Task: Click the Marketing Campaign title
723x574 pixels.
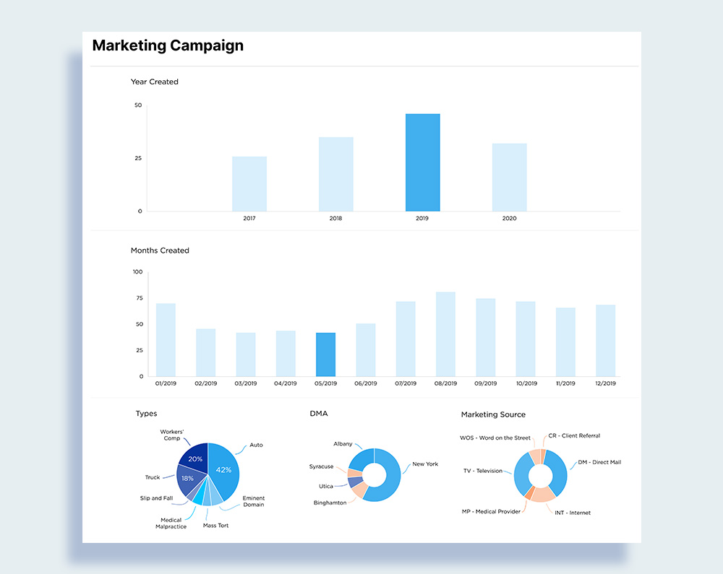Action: coord(168,46)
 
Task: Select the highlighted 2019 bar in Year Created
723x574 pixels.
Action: coord(422,162)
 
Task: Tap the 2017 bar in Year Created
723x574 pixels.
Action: coord(249,184)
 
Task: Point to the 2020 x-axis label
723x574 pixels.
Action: coord(509,218)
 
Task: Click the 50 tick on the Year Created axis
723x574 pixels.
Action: coord(138,105)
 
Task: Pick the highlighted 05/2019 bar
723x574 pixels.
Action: coord(325,355)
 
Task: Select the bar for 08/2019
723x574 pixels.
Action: coord(445,334)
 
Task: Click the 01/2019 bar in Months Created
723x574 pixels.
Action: coord(166,340)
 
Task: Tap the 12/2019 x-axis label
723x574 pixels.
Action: coord(605,383)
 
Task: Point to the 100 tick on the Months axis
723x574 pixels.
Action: coord(137,272)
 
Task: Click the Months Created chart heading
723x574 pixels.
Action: coord(160,251)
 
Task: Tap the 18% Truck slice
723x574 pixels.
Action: coord(187,479)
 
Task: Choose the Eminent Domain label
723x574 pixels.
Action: coord(253,501)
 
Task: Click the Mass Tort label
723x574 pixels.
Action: coord(215,526)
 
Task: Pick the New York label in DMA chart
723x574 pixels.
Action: coord(425,464)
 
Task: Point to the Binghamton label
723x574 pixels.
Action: coord(330,503)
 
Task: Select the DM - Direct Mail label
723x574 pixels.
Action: coord(599,462)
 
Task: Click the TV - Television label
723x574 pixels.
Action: coord(483,471)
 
